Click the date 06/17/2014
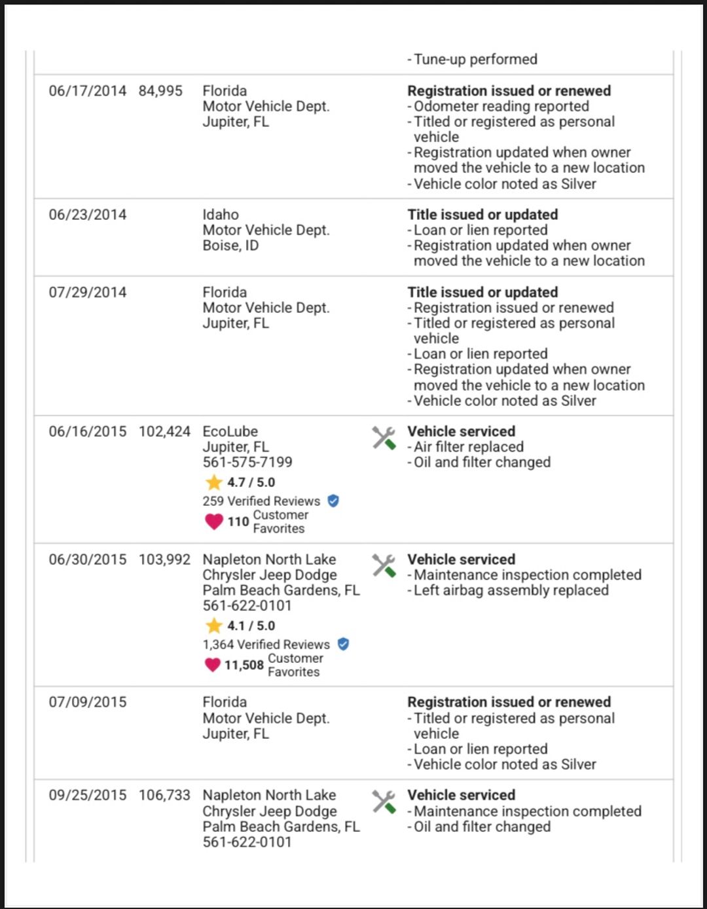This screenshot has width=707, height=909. [88, 91]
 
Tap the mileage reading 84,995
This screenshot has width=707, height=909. [160, 91]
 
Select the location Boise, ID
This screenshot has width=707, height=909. [230, 245]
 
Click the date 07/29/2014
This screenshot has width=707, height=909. [88, 293]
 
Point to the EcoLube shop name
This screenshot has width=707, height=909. [230, 432]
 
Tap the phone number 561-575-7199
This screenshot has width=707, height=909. [247, 462]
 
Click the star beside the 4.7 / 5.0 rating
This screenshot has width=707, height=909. [214, 482]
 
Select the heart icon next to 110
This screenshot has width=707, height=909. [214, 522]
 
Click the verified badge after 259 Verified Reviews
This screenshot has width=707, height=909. [333, 501]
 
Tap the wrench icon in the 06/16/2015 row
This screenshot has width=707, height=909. [384, 438]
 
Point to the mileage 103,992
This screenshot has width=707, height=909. [164, 560]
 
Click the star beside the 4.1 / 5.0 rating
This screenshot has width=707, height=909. [214, 626]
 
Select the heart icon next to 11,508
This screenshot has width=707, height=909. [213, 665]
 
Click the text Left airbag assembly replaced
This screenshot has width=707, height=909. [511, 590]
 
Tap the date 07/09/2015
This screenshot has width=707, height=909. [88, 702]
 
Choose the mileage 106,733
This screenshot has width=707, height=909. [164, 795]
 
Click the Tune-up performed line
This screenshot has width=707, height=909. [475, 60]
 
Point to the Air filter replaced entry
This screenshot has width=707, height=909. [468, 447]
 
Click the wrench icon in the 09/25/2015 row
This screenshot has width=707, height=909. [384, 802]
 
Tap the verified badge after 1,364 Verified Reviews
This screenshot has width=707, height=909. [343, 644]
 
